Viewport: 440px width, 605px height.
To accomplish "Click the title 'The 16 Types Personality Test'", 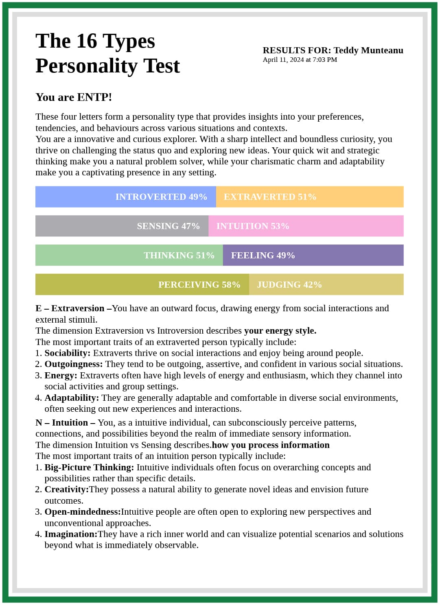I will (107, 53).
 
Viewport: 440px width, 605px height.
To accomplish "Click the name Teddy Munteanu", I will (368, 50).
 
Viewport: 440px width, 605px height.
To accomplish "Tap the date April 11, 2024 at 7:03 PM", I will (300, 60).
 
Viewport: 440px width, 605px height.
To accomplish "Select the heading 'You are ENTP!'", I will (74, 97).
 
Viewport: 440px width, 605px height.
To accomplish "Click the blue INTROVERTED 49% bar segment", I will (126, 197).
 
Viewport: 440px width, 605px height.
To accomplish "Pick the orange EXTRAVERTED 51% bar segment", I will (310, 197).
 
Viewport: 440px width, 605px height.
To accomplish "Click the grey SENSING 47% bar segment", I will (122, 226).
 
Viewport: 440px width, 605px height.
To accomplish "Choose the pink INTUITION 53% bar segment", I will (306, 226).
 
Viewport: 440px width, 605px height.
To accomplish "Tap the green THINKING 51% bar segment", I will (129, 256).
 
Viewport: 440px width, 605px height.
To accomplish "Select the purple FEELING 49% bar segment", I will (313, 256).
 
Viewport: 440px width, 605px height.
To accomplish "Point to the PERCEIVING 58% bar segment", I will (142, 285).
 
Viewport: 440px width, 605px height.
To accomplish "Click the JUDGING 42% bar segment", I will (326, 285).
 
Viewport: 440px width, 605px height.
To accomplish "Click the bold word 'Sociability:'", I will (68, 353).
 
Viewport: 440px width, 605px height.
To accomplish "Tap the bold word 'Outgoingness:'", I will (74, 364).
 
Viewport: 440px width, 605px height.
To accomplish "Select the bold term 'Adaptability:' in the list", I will (72, 398).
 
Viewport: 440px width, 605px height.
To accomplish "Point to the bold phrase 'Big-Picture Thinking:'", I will (89, 467).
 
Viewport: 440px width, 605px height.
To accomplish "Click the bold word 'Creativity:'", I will (67, 489).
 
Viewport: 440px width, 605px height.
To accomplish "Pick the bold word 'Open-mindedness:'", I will (83, 512).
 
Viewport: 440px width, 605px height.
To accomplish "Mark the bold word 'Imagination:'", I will (71, 534).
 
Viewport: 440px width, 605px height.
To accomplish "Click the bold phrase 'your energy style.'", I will (280, 331).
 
